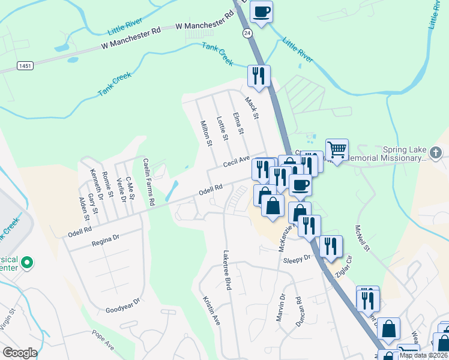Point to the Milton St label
tap(206, 133)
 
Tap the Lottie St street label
tap(221, 128)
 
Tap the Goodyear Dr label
tap(122, 305)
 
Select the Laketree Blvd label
tap(227, 270)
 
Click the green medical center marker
tap(26, 262)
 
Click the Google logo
tap(20, 353)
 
